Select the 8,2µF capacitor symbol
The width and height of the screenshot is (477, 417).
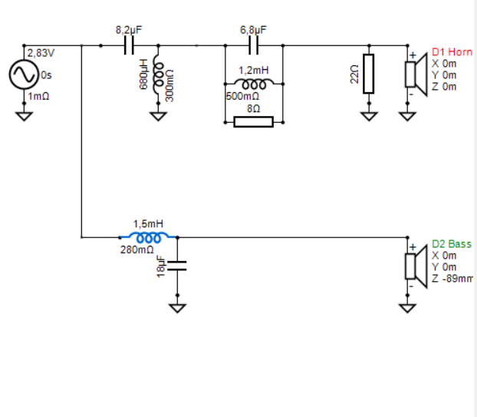[x=129, y=46]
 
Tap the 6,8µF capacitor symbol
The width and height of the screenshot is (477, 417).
[x=254, y=46]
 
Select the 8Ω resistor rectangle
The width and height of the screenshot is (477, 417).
[x=253, y=121]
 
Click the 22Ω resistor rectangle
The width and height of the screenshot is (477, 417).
[x=369, y=74]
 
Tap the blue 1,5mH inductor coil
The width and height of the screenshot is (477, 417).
[x=148, y=237]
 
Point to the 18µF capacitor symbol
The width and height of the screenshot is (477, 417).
[x=177, y=266]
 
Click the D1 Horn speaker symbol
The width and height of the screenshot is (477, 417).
[x=413, y=74]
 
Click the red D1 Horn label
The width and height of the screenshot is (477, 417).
[x=452, y=52]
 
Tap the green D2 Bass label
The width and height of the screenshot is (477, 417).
[x=452, y=243]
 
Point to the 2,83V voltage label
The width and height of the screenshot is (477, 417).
[x=41, y=53]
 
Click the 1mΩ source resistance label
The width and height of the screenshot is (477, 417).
[x=39, y=97]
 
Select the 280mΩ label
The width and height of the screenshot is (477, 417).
[x=137, y=250]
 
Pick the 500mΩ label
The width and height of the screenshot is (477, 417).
[x=242, y=98]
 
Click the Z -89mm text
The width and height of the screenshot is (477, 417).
[x=452, y=278]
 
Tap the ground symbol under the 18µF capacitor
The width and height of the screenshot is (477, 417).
[x=177, y=307]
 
